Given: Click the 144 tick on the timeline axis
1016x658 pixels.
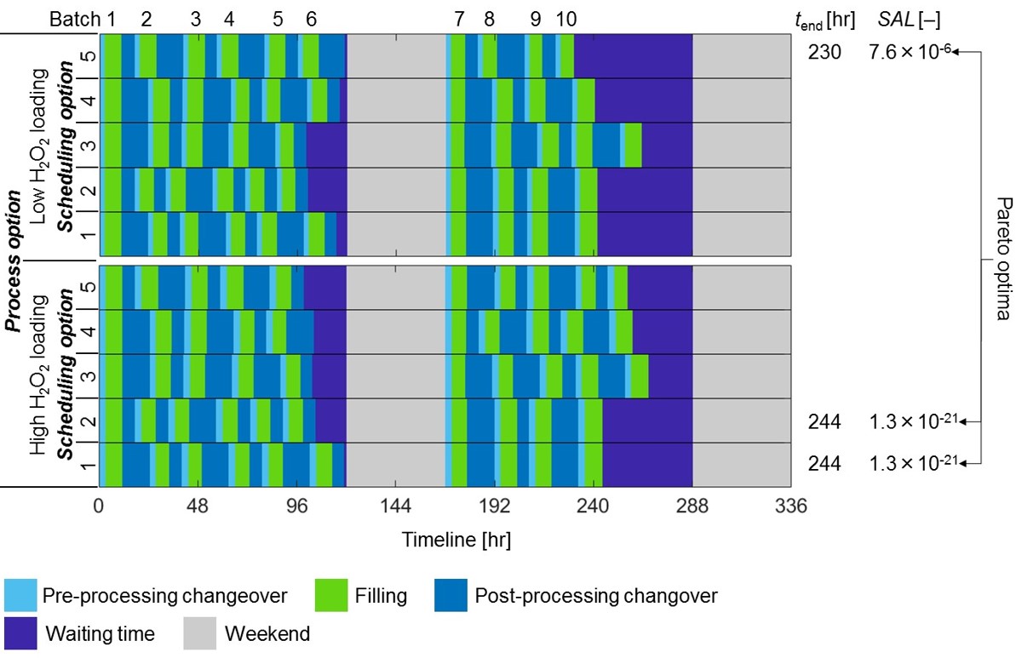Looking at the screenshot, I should [x=396, y=506].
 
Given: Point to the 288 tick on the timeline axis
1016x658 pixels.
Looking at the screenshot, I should [x=692, y=506].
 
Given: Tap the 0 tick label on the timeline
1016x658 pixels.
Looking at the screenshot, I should [x=100, y=506].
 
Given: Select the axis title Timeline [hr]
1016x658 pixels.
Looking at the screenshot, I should [x=456, y=539].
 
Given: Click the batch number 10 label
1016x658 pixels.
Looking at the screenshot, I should [x=565, y=18].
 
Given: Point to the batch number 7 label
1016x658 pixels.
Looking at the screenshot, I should [x=460, y=18].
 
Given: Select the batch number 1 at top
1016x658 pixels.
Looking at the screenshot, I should [x=110, y=18].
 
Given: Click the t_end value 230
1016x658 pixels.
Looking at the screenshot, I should [x=824, y=53].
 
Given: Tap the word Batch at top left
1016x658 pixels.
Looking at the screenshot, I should [x=75, y=18].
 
